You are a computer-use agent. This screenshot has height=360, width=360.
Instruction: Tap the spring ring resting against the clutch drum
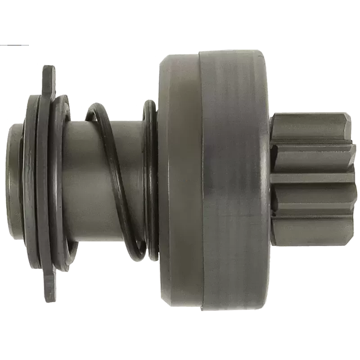(151, 180)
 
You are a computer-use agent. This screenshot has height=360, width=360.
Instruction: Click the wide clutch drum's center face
(234, 180)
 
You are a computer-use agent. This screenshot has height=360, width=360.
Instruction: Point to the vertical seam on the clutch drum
(200, 180)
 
